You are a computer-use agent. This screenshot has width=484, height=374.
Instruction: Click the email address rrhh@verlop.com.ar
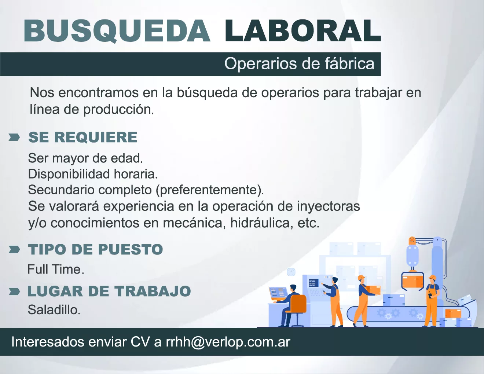coord(228,342)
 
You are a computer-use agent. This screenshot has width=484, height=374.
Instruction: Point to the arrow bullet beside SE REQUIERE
coord(14,137)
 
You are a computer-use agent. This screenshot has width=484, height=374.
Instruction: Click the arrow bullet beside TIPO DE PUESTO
coord(14,249)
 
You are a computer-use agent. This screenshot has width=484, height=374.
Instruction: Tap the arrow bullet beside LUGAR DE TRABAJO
coord(14,291)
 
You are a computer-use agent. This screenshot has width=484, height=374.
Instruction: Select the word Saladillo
coord(54,309)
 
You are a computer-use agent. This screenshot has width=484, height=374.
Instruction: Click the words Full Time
coord(56,269)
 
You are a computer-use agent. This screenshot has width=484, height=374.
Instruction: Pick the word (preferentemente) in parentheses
coord(209,190)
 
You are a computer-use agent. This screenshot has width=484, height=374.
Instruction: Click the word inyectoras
coord(329,206)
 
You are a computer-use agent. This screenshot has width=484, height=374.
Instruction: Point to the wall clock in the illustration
coord(291,272)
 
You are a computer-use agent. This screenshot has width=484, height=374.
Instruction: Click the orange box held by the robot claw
coord(412,282)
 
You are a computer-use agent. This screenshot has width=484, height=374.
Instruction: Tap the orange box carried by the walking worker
coord(373,290)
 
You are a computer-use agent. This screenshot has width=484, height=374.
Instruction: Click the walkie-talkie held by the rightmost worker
coord(430,295)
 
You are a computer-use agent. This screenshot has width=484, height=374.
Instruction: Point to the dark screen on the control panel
coord(313,283)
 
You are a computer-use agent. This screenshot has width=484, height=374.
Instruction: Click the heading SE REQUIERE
coord(83,137)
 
